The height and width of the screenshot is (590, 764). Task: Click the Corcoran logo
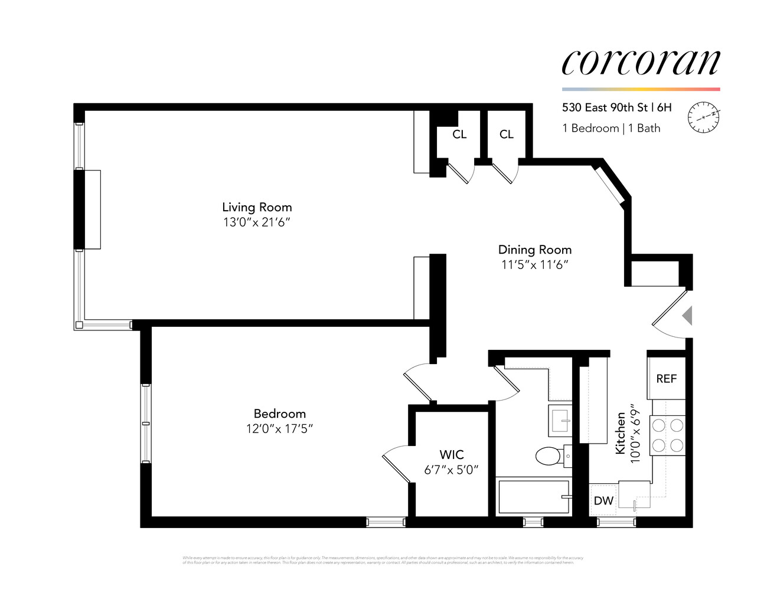click(x=641, y=62)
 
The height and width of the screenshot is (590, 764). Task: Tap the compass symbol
click(x=704, y=116)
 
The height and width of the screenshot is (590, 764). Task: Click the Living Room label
click(x=257, y=207)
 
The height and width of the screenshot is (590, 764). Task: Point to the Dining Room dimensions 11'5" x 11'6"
click(x=534, y=265)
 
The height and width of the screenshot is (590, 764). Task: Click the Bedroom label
click(x=279, y=414)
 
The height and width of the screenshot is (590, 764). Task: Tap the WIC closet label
click(x=451, y=454)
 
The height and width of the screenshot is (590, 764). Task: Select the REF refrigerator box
click(x=666, y=379)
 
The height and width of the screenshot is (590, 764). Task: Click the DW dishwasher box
click(x=603, y=501)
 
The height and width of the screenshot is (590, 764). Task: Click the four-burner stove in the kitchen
click(x=668, y=435)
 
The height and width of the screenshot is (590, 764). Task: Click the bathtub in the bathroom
click(x=533, y=497)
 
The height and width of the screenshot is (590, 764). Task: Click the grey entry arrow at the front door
click(x=687, y=316)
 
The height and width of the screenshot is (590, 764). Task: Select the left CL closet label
click(x=459, y=135)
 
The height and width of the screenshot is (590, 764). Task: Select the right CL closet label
click(x=506, y=135)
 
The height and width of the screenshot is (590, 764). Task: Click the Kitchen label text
click(x=621, y=432)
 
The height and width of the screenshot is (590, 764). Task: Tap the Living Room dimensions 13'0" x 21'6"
click(x=257, y=222)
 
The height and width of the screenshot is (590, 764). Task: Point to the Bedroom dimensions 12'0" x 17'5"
click(x=279, y=429)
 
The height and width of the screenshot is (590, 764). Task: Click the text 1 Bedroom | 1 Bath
click(x=611, y=128)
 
